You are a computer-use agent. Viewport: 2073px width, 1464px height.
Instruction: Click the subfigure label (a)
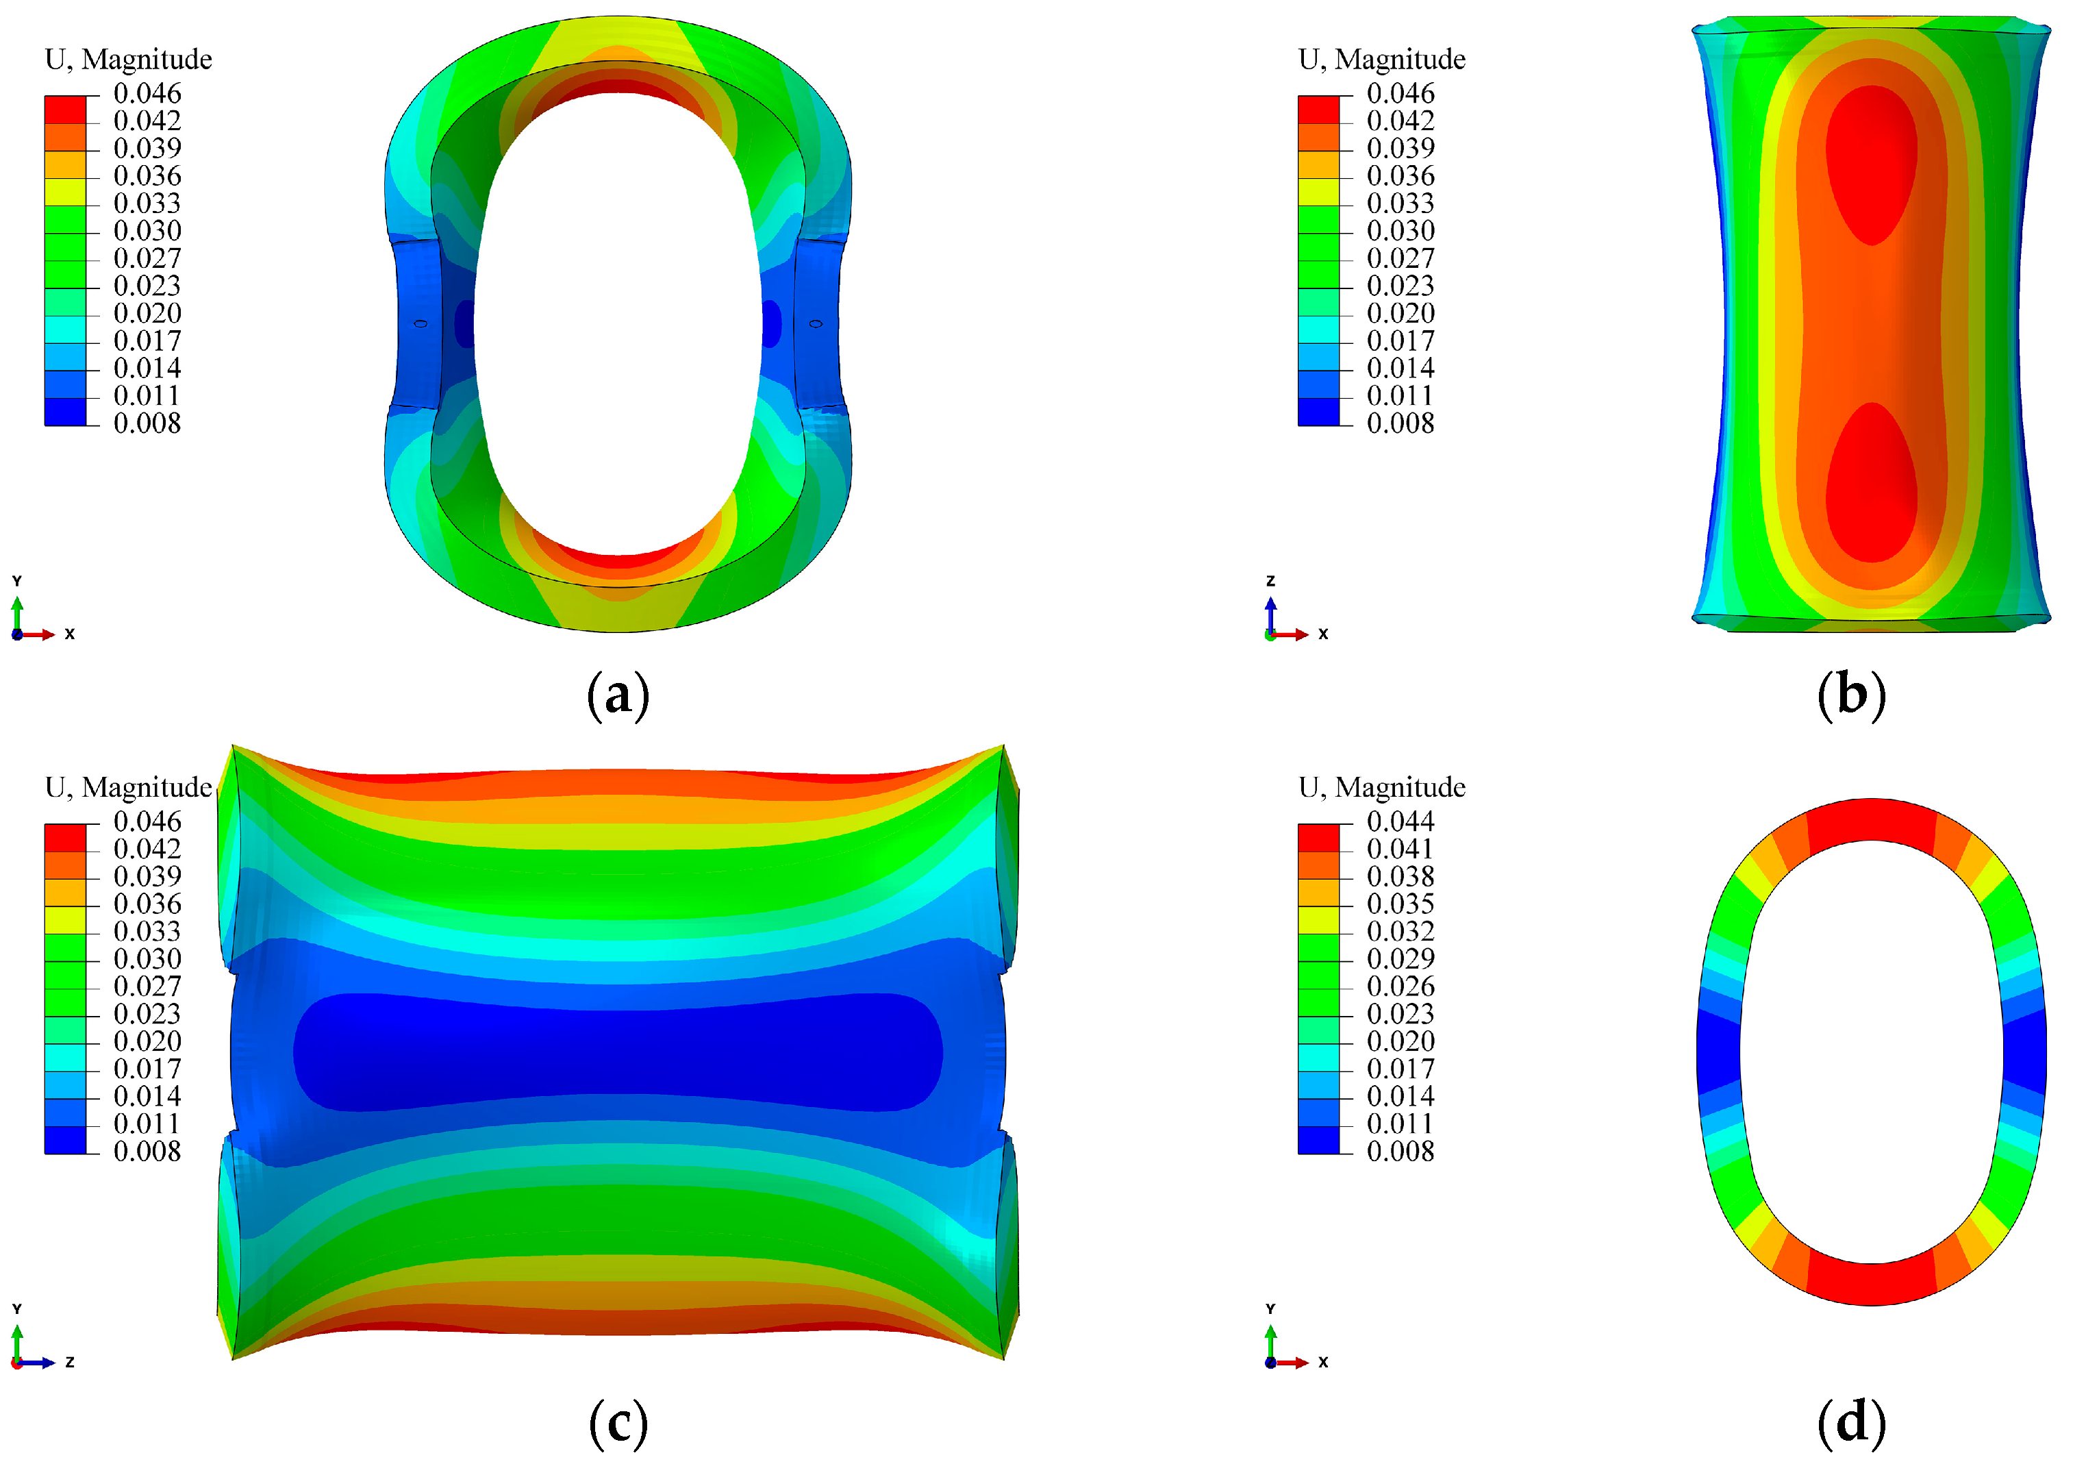(618, 695)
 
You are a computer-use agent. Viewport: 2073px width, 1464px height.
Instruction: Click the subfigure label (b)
(1851, 695)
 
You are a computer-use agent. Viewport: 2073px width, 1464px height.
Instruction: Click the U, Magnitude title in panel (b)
(1381, 60)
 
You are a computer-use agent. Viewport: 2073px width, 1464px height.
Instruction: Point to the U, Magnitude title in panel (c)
(128, 788)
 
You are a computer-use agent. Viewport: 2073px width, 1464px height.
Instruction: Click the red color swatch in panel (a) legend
(65, 110)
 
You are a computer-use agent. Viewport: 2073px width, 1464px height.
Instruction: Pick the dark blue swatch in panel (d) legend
(1318, 1140)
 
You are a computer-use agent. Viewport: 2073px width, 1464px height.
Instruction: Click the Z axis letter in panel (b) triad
(1270, 581)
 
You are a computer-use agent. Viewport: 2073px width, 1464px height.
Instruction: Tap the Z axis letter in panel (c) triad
(70, 1362)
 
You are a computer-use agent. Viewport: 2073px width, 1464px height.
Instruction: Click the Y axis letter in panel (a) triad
(16, 581)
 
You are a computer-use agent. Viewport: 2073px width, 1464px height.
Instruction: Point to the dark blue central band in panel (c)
(618, 1052)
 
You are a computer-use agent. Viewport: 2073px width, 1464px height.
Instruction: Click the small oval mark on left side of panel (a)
(420, 323)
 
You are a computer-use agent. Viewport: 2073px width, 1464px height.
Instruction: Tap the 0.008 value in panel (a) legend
(147, 423)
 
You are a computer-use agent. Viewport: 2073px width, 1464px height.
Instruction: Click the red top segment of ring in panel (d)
(1871, 819)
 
